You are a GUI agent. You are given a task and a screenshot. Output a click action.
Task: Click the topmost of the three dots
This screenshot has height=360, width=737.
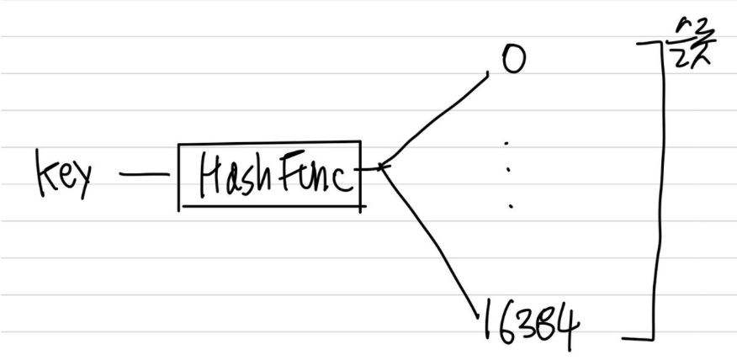[x=506, y=144]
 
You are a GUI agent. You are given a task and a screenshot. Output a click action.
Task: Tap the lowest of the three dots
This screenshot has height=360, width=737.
[x=509, y=204]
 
